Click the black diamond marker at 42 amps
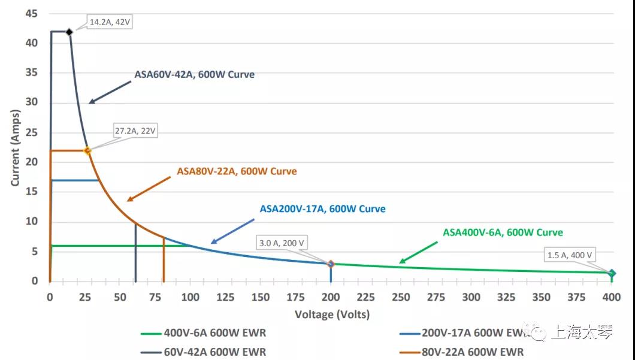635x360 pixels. (69, 32)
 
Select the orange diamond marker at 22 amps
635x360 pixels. (87, 151)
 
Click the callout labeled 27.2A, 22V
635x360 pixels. (135, 131)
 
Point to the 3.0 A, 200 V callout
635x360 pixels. (282, 243)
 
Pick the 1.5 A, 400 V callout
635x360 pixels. (570, 255)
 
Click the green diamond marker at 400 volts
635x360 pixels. (612, 273)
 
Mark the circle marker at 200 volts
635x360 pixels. (331, 264)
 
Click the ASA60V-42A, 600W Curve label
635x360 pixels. (194, 75)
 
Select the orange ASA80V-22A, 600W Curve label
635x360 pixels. (237, 171)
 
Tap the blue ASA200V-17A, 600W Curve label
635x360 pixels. (322, 209)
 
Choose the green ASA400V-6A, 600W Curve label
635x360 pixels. (503, 232)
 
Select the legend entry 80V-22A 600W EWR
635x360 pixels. (473, 352)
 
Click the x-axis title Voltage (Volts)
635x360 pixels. (332, 314)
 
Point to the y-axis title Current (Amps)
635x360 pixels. (15, 147)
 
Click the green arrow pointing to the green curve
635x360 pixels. (419, 252)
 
